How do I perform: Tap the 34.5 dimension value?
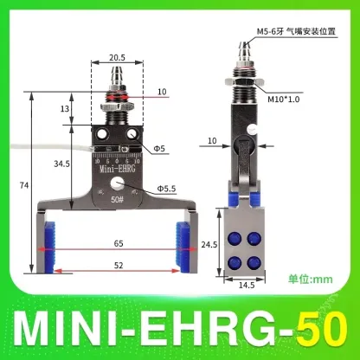click(61, 163)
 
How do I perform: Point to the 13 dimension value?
click(66, 109)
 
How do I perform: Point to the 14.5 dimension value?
click(247, 285)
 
